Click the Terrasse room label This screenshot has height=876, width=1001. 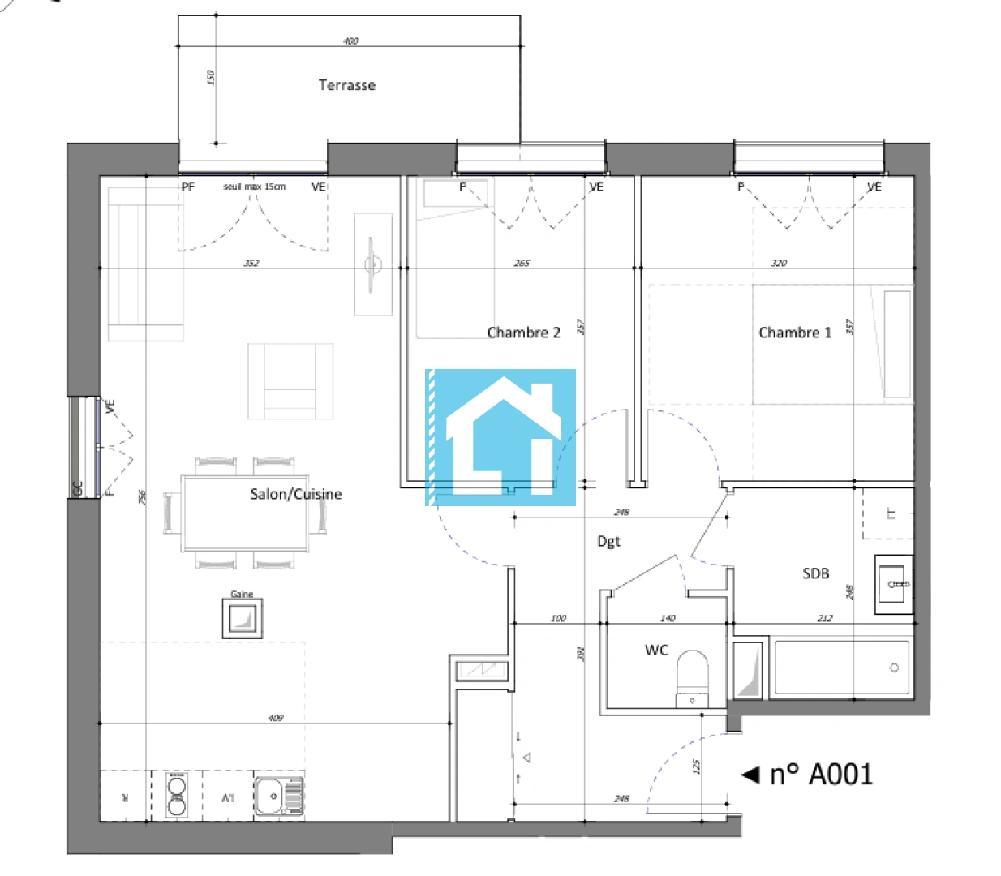346,85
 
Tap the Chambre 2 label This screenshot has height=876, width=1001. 523,333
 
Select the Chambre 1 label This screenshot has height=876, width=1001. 794,333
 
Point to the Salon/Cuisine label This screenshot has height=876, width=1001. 295,494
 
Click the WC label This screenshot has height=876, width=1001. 656,650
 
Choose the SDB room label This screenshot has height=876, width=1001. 815,573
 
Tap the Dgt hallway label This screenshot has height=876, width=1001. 608,541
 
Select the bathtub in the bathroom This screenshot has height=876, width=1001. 842,668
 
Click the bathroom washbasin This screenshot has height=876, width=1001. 894,584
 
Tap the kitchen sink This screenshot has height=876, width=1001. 279,795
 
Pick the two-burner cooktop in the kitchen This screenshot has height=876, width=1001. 177,795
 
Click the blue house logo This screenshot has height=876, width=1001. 500,437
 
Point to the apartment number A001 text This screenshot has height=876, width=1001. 821,775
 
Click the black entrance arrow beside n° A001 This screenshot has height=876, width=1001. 750,775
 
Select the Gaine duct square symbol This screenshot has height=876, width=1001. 243,619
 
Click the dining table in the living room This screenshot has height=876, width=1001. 245,513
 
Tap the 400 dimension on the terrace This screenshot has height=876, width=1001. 350,41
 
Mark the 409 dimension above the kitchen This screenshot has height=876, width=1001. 276,718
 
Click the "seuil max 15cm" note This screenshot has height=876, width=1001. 254,187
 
